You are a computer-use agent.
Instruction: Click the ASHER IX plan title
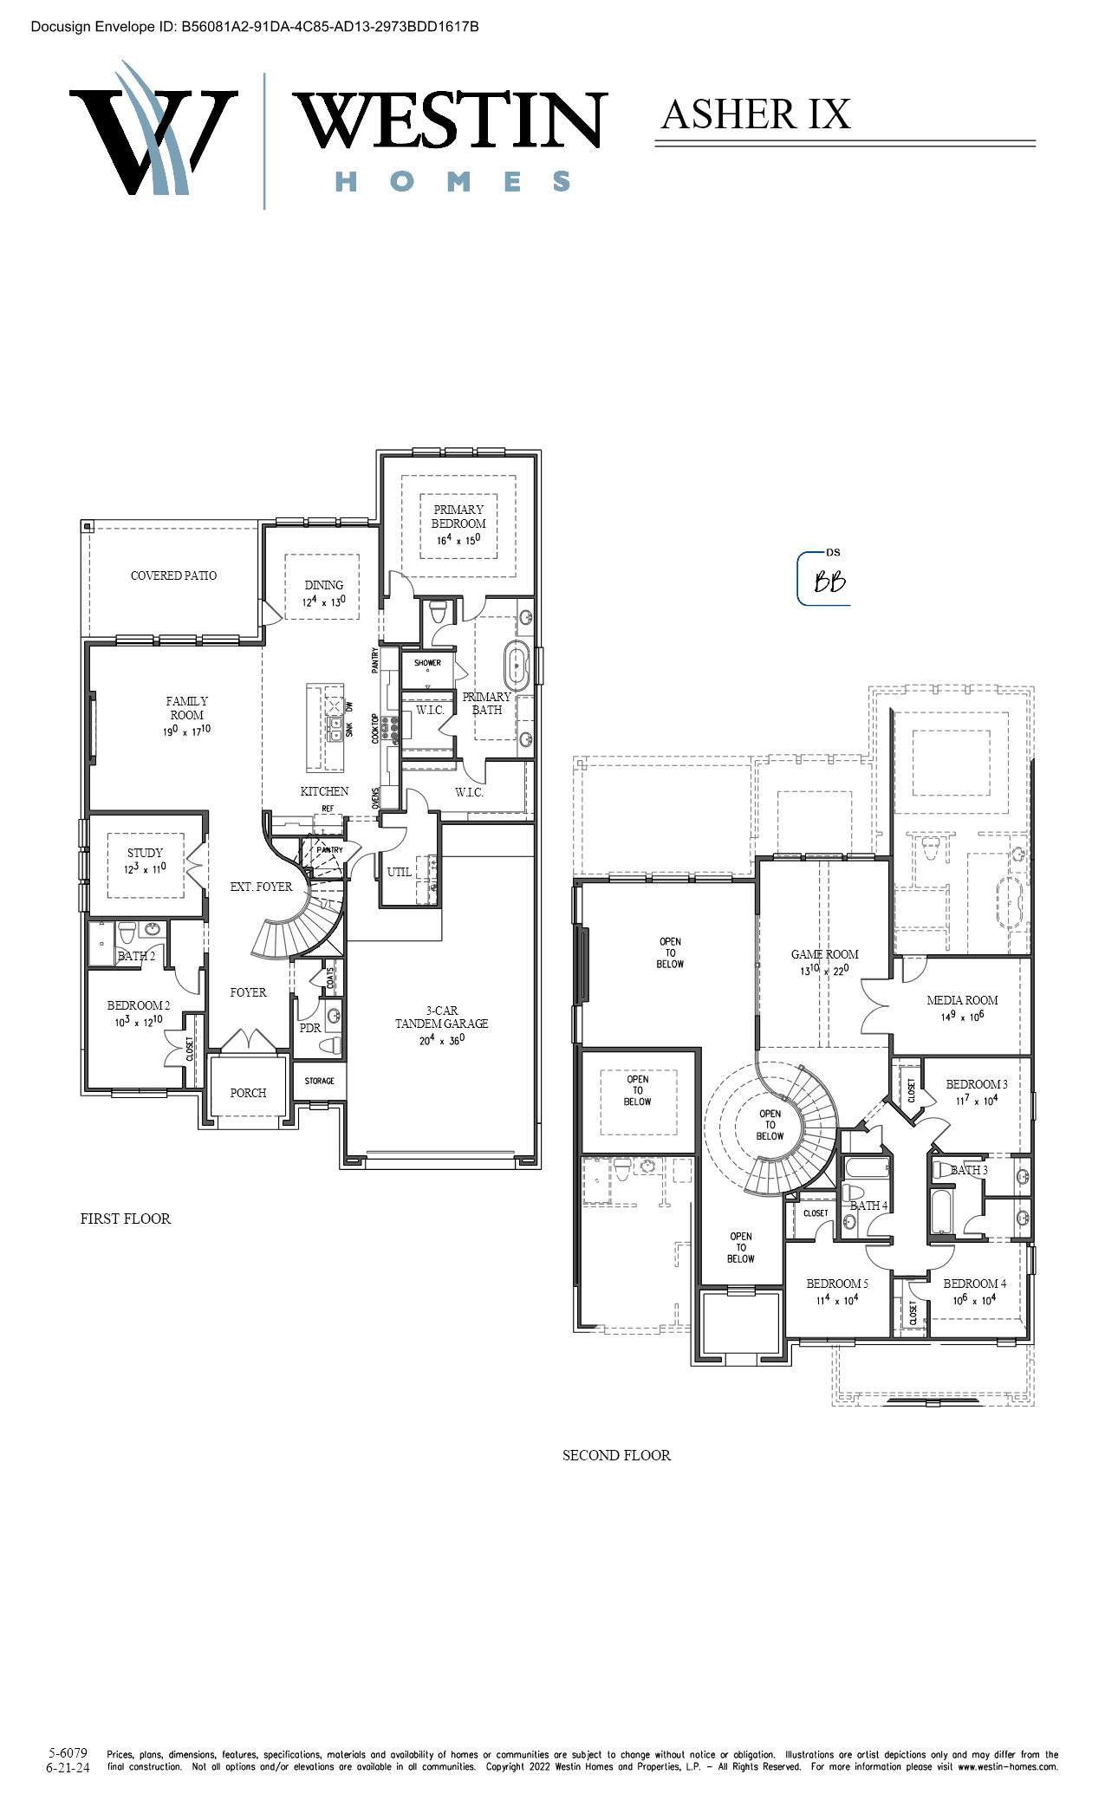[756, 114]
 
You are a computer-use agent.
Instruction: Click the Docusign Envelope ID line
[255, 27]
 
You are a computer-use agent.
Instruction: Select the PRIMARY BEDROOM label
[458, 517]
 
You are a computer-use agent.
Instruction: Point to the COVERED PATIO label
[173, 575]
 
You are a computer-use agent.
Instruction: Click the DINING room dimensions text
[323, 601]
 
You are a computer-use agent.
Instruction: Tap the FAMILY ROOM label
[187, 708]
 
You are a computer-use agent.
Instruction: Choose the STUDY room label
[145, 853]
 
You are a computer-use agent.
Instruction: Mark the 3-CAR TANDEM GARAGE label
[441, 1017]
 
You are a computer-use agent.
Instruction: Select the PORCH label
[248, 1093]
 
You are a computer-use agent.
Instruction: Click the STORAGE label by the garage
[319, 1081]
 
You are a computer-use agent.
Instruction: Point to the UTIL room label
[400, 872]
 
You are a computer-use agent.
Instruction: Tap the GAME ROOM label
[824, 954]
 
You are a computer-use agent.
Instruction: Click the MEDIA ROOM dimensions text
[962, 1016]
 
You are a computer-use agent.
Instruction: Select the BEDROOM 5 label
[837, 1284]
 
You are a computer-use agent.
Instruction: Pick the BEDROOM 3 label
[977, 1084]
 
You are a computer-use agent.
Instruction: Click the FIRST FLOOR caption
[126, 1219]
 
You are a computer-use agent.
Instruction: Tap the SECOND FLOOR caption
[616, 1455]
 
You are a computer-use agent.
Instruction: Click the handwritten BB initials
[829, 582]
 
